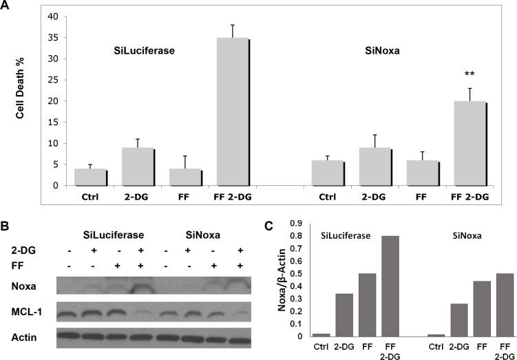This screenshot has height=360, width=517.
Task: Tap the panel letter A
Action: [x=6, y=6]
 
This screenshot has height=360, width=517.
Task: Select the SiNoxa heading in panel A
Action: [x=397, y=50]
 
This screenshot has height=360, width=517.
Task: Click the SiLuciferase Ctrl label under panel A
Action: [x=90, y=197]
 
